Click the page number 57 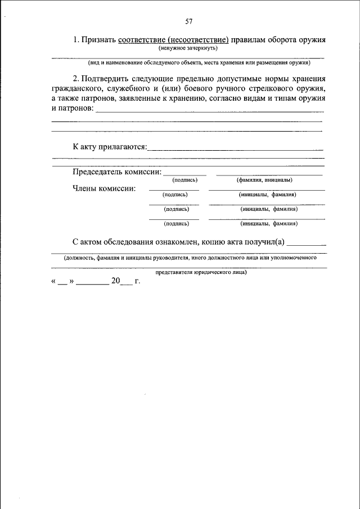189,22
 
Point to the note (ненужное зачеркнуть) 187,49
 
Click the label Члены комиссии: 104,188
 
